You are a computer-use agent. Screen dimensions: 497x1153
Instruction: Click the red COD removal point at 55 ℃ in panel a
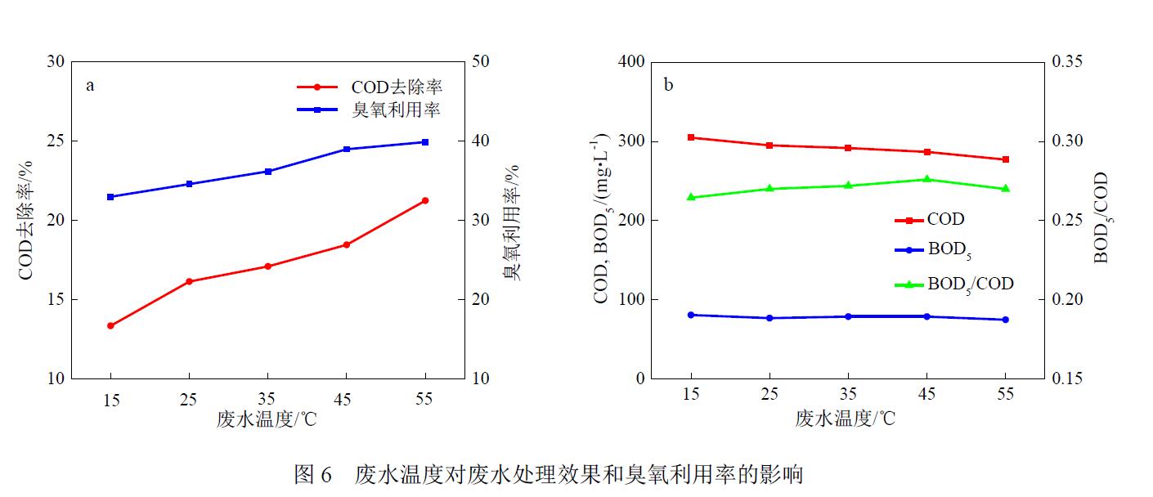click(425, 200)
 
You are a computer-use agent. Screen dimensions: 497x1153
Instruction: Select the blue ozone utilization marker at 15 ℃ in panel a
click(110, 197)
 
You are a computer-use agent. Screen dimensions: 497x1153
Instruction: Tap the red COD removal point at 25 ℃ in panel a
click(190, 281)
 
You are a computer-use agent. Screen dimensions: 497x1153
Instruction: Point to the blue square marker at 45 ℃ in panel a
click(347, 149)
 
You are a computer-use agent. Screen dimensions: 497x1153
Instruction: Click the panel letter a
click(90, 86)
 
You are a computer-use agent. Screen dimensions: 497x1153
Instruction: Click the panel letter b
click(668, 86)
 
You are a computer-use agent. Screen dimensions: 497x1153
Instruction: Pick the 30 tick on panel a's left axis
click(55, 62)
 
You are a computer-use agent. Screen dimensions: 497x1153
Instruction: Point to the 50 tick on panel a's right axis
click(482, 62)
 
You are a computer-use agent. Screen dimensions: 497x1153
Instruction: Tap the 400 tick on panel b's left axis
click(632, 62)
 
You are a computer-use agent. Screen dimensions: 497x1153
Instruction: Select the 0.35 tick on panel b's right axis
click(1067, 62)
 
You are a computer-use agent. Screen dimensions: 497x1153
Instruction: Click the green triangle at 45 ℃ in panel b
click(927, 179)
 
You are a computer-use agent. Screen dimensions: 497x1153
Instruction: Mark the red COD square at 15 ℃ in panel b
click(691, 137)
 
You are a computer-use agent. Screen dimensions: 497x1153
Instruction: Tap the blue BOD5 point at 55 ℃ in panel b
click(1006, 320)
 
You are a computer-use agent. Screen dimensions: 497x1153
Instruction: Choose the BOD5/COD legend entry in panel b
click(970, 284)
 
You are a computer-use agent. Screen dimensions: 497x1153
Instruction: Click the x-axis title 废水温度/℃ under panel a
click(267, 419)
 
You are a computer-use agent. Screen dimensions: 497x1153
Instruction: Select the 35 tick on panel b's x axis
click(848, 394)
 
